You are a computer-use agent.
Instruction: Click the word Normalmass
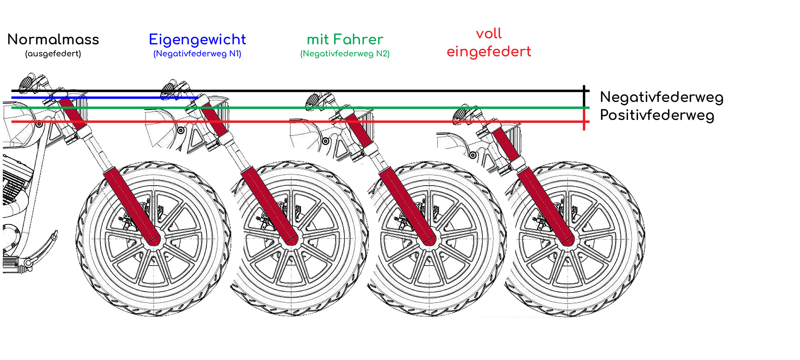[x=53, y=40]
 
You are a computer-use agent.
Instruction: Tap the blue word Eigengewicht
[x=197, y=40]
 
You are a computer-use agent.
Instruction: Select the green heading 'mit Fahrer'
[x=345, y=40]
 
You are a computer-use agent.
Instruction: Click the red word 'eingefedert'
[x=489, y=52]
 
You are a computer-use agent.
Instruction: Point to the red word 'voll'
[x=489, y=34]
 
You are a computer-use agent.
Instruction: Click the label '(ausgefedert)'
[x=53, y=54]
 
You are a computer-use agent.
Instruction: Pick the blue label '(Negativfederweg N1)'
[x=197, y=54]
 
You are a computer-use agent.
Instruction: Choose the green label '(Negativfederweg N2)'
[x=345, y=54]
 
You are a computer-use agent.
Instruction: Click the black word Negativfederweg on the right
[x=662, y=98]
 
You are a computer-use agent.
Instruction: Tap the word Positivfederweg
[x=657, y=115]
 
